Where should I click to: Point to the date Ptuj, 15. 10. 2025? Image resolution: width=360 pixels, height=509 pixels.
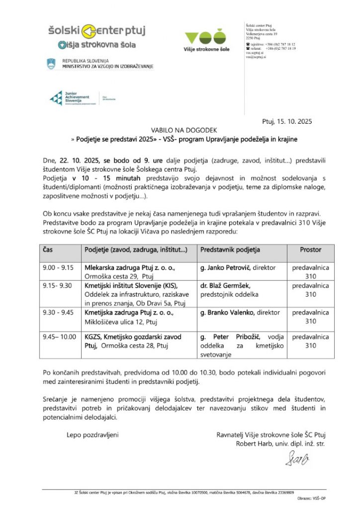pos(287,121)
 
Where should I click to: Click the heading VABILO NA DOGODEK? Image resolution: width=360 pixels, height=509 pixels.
pos(180,130)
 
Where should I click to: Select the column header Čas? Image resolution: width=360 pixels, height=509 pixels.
pos(48,250)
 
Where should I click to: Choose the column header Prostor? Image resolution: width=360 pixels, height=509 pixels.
pos(310,250)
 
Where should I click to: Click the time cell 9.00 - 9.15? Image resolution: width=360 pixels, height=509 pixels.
pos(58,268)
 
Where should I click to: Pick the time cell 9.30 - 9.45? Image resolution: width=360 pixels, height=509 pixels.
pos(58,313)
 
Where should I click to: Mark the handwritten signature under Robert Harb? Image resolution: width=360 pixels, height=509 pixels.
pos(296,458)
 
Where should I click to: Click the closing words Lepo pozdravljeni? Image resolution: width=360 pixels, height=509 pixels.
pos(92,435)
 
